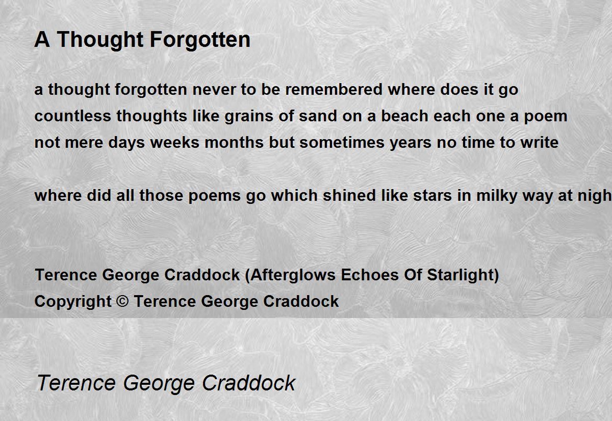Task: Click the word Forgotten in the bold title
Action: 200,40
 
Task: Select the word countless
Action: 72,116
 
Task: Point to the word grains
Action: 249,116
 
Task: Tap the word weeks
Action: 174,142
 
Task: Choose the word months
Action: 234,142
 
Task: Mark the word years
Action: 411,143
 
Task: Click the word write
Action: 540,142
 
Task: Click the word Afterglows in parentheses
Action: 293,275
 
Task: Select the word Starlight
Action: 460,275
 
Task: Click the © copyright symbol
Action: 122,301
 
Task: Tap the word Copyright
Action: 73,302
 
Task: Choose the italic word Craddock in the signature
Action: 249,383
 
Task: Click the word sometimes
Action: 342,142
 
